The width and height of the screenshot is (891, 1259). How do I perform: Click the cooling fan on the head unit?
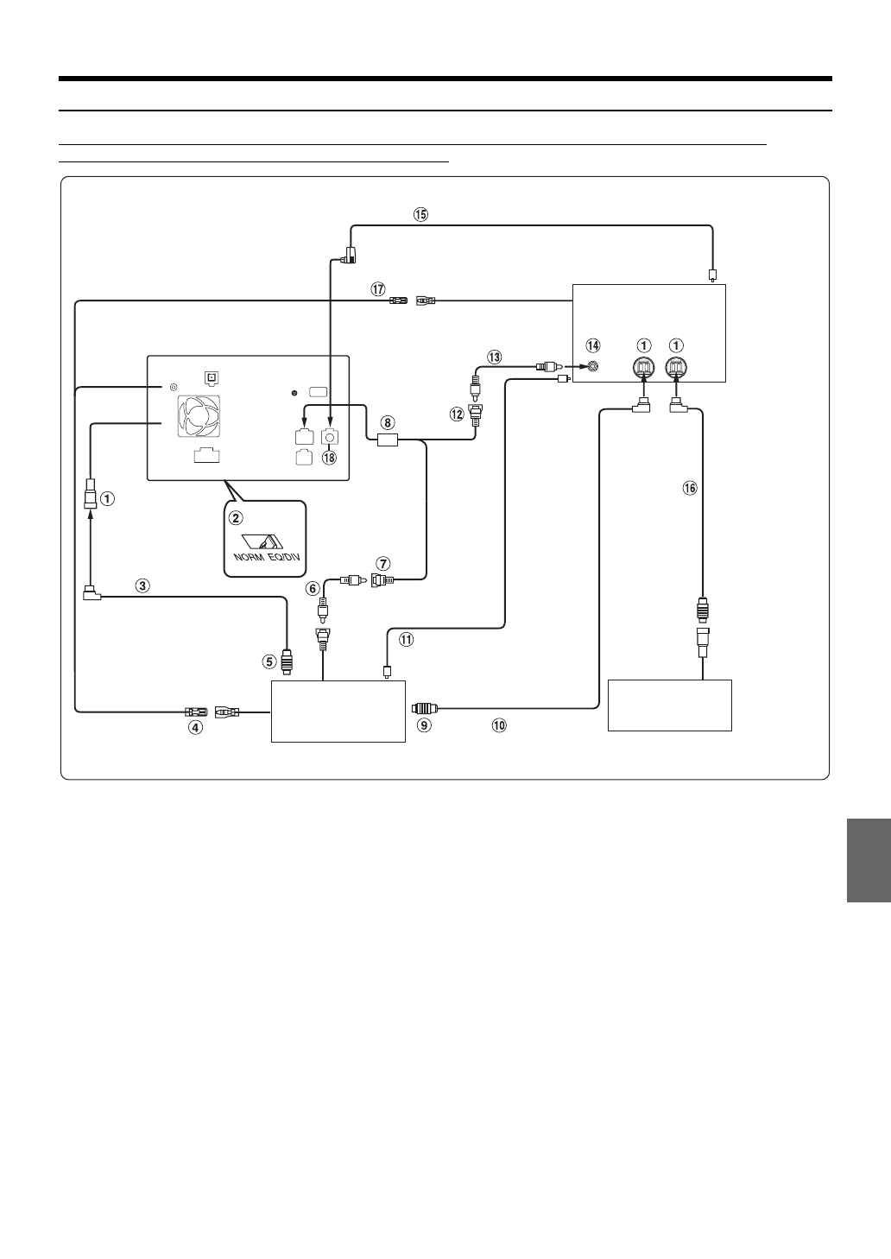coord(196,418)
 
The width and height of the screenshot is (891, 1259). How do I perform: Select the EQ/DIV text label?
coord(284,555)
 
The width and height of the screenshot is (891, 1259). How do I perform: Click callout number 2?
coord(235,518)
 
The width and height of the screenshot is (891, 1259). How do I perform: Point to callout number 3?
coord(142,585)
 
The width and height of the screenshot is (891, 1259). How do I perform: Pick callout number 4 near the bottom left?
coord(196,728)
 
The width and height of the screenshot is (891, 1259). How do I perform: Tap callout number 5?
coord(269,662)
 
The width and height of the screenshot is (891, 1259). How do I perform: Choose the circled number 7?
coord(383,564)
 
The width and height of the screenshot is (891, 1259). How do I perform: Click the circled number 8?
coord(388,423)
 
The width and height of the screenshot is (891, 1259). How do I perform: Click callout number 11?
coord(407,640)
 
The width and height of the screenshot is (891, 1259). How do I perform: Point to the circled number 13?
coord(494,356)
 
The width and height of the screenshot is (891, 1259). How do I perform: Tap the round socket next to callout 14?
coord(593,367)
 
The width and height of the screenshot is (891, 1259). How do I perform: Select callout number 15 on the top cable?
coord(420,215)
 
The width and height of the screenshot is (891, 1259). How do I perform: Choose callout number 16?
coord(689,489)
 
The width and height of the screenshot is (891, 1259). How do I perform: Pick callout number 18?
coord(328,459)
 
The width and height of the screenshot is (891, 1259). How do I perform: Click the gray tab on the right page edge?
coord(868,860)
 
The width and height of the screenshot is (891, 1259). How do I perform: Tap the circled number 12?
coord(456,414)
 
